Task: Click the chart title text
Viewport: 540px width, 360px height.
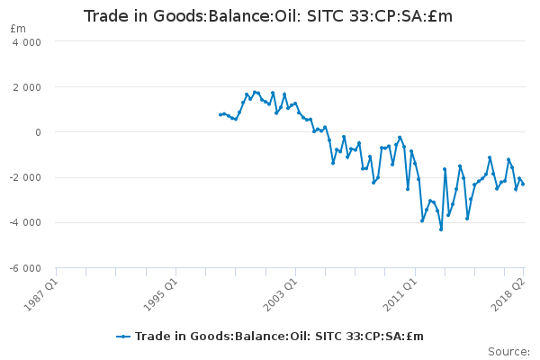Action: click(268, 16)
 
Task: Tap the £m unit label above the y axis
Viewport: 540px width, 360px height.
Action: click(18, 29)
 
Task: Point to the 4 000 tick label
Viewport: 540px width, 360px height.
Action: click(27, 42)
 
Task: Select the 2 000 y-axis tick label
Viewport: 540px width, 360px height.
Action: click(27, 87)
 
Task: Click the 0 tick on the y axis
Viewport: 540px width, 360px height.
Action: click(38, 132)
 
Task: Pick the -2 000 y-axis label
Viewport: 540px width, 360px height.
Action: click(25, 178)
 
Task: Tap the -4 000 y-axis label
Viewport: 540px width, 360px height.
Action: click(25, 223)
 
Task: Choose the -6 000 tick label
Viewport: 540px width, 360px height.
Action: click(25, 268)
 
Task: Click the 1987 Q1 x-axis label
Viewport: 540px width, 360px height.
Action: click(41, 294)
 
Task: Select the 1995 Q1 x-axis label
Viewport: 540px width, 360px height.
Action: click(160, 294)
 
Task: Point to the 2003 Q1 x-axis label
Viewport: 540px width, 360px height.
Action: click(280, 294)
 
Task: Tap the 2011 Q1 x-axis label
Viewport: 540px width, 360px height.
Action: click(400, 294)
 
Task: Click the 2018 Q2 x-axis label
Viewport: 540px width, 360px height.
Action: click(508, 294)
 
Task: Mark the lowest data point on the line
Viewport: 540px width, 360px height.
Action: click(441, 229)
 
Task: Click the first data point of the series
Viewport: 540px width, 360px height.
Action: click(220, 114)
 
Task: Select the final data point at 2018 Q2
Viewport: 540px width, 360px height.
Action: click(523, 184)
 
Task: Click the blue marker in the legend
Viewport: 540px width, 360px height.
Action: click(123, 337)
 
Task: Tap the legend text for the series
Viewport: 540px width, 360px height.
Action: click(279, 337)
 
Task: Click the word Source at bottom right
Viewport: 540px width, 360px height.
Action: click(508, 352)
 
